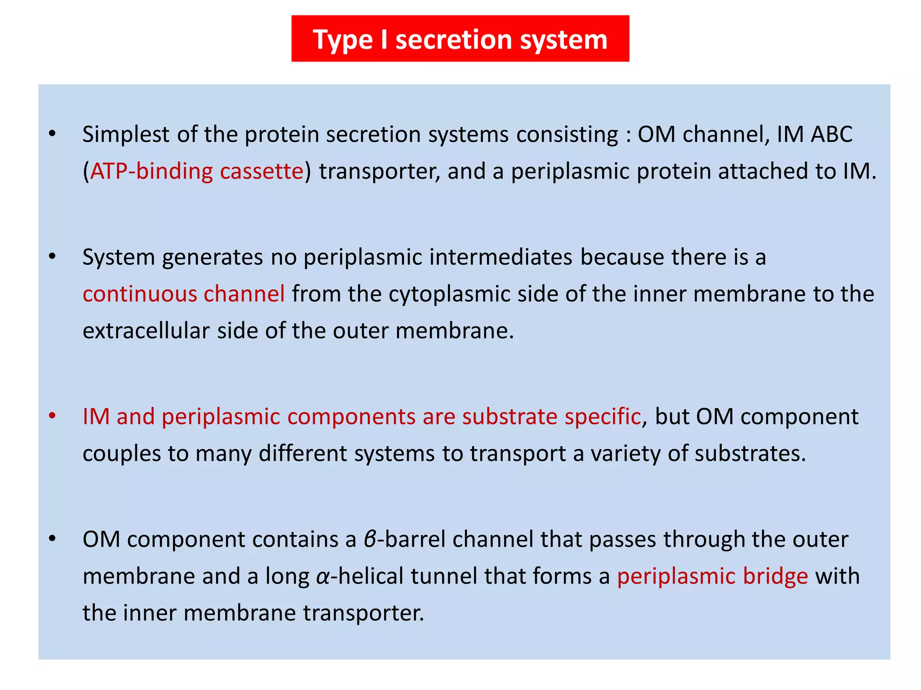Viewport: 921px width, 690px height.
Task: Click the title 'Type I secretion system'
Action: [460, 40]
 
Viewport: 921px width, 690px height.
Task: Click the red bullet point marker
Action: [53, 416]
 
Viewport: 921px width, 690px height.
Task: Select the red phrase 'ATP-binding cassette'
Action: [197, 172]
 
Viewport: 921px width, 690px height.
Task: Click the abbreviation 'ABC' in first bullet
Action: [832, 134]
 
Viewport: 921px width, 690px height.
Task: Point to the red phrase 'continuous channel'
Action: [183, 294]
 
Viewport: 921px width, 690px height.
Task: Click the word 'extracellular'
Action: [146, 331]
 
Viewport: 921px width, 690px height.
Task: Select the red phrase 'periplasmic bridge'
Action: [712, 576]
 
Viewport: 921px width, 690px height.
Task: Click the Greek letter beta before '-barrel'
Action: [370, 540]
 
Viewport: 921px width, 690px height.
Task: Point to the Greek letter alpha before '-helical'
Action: [323, 577]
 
